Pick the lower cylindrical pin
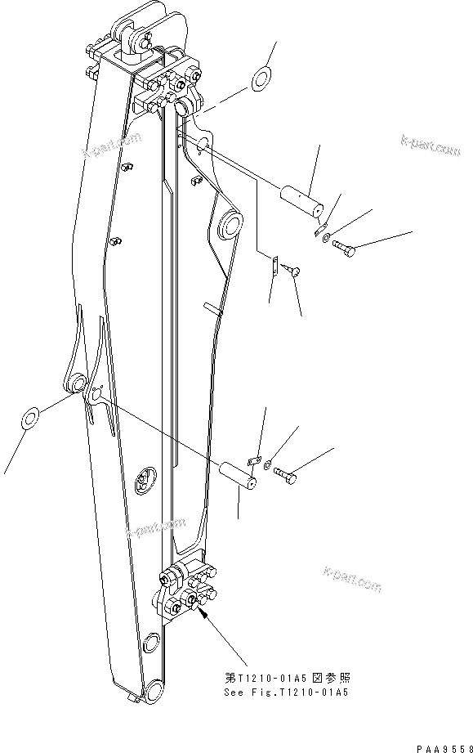[x=239, y=474]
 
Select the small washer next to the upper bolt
[x=327, y=238]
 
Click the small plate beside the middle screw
[x=277, y=266]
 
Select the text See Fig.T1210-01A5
[x=286, y=692]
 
